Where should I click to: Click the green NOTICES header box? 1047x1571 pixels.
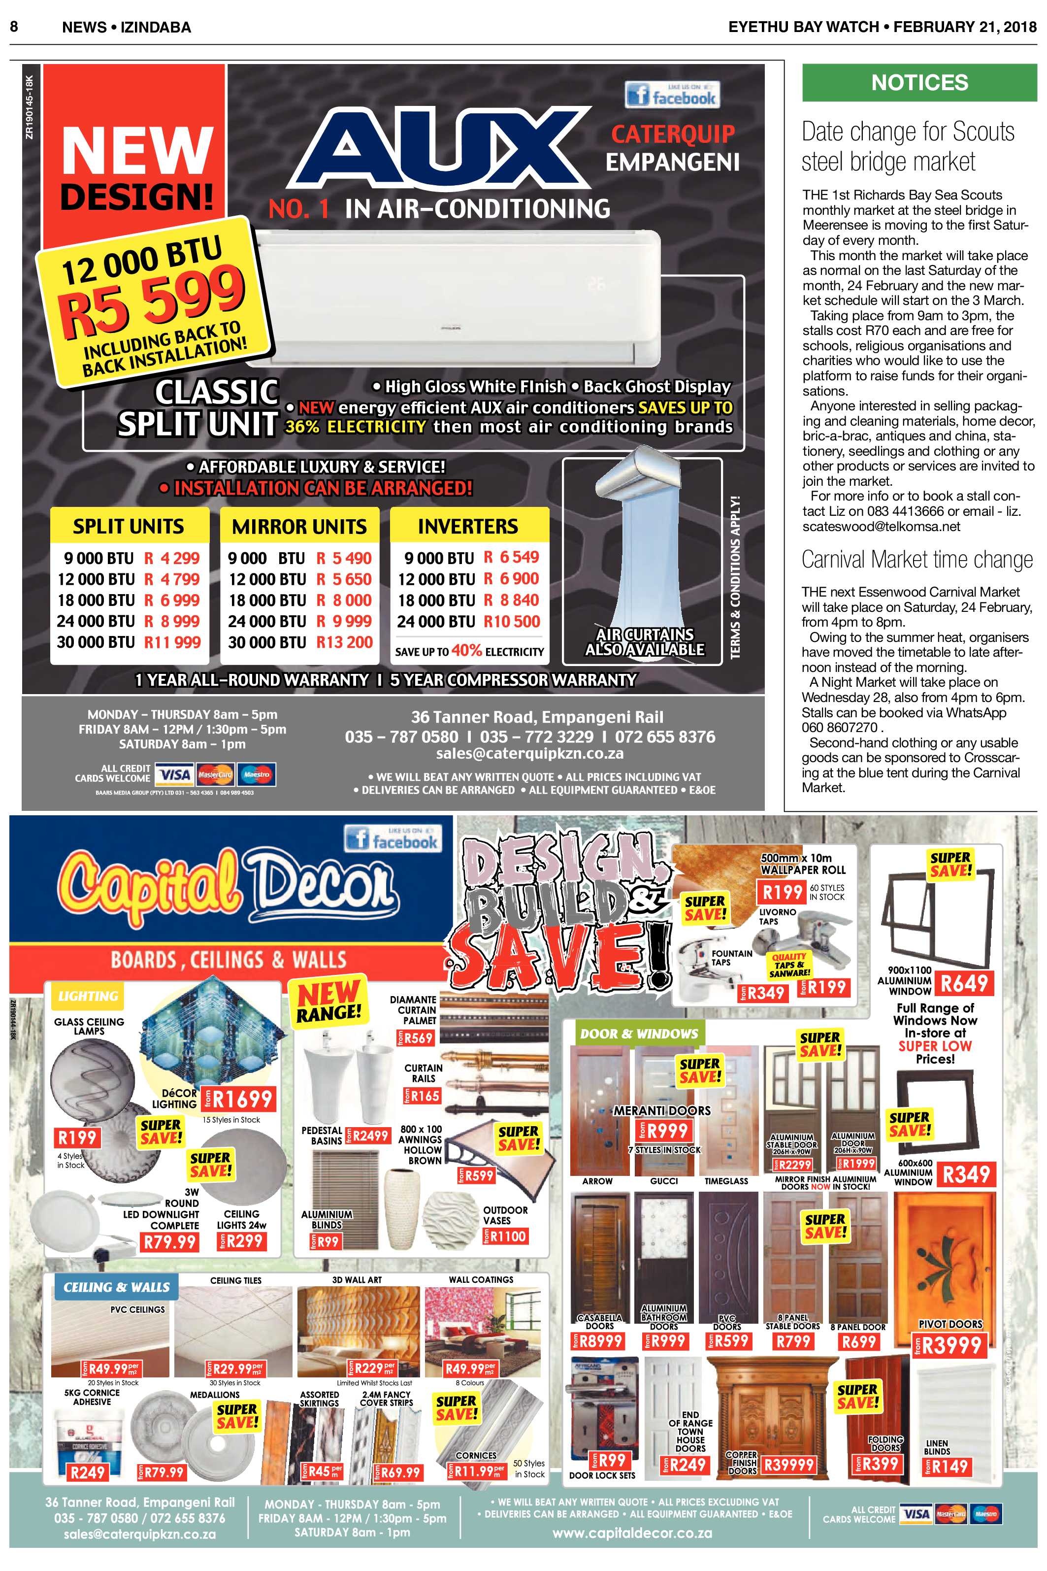(x=919, y=83)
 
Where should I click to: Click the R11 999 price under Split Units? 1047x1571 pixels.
(x=172, y=642)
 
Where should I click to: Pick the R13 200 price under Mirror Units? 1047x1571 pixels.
(x=344, y=642)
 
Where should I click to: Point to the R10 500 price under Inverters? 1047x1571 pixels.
(x=512, y=622)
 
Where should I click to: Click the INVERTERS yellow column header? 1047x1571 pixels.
(x=469, y=526)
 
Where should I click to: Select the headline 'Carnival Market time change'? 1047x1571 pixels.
(x=917, y=559)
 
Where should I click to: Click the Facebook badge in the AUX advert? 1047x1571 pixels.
(x=672, y=94)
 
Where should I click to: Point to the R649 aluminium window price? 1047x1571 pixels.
(x=964, y=983)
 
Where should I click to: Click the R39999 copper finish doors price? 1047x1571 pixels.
(x=788, y=1465)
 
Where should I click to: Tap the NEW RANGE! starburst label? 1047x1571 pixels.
(x=328, y=1001)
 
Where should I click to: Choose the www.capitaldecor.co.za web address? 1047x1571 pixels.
(x=632, y=1533)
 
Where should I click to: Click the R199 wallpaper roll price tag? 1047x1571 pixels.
(x=783, y=892)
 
